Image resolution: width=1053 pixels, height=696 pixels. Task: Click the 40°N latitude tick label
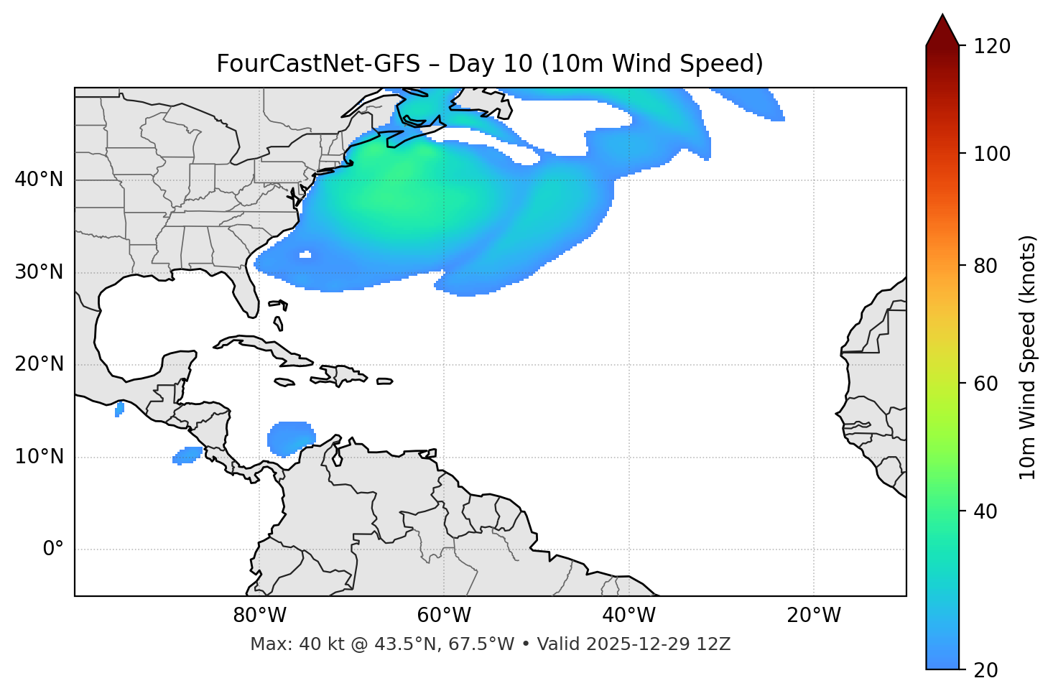39,180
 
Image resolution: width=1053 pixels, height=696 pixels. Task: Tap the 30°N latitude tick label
39,272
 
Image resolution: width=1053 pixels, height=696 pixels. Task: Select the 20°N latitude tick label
39,364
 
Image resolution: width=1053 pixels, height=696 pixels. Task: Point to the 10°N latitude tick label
39,457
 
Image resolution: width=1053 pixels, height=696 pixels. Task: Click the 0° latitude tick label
53,549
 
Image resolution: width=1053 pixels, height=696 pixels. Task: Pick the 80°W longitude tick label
259,616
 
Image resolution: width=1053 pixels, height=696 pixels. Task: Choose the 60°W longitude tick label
444,616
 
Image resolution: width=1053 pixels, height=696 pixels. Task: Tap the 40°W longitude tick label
628,616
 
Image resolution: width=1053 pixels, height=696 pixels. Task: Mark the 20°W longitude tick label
813,616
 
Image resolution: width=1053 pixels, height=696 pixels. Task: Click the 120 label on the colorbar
992,46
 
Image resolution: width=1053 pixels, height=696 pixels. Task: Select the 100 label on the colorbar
992,154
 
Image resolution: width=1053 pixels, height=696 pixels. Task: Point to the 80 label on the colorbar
985,266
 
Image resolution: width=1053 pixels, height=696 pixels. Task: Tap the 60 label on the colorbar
985,384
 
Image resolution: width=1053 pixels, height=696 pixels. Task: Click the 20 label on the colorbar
985,670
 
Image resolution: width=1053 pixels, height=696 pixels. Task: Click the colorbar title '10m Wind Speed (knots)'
1028,357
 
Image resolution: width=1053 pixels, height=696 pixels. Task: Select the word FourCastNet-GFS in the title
317,64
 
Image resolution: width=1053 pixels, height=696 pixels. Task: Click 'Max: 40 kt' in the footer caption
282,644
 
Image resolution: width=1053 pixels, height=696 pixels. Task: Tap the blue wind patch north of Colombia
290,437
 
